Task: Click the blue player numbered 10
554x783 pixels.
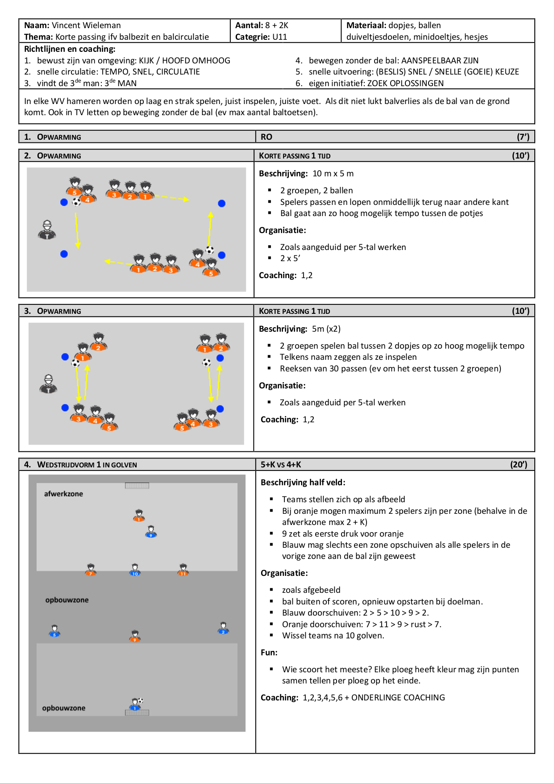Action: point(135,570)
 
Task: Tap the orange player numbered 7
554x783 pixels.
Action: point(91,570)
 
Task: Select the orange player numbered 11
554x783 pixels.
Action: point(183,570)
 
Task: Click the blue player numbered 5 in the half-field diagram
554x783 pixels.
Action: point(54,631)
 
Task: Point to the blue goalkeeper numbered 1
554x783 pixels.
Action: point(134,704)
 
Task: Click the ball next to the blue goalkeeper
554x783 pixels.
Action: point(141,700)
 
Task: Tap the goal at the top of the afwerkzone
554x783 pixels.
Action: point(137,486)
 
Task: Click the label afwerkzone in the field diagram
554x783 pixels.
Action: point(63,494)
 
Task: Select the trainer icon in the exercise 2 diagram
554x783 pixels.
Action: point(47,229)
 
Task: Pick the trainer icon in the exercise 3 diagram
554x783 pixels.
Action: point(48,384)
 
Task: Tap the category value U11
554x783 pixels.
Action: point(279,37)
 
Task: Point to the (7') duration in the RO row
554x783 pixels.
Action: point(523,137)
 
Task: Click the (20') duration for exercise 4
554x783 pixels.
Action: point(519,465)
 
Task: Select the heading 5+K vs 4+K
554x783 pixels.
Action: point(281,465)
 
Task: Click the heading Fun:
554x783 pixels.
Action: point(269,653)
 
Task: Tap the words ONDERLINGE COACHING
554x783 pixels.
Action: point(398,698)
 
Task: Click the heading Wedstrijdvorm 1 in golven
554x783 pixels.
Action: point(87,465)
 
